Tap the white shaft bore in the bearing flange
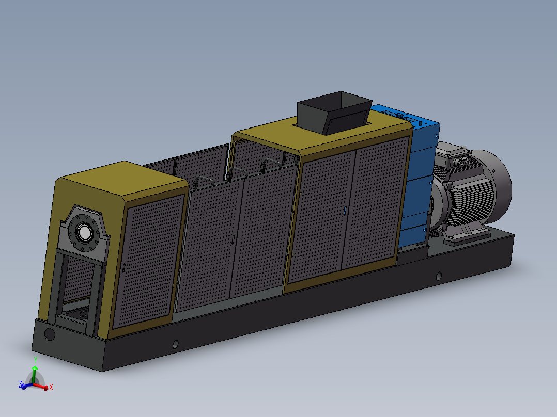point(85,233)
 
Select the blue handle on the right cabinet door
point(345,211)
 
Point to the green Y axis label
point(36,360)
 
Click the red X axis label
point(51,387)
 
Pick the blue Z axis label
point(20,384)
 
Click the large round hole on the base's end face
point(50,334)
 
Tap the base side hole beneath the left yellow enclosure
point(175,344)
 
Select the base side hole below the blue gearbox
point(439,276)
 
